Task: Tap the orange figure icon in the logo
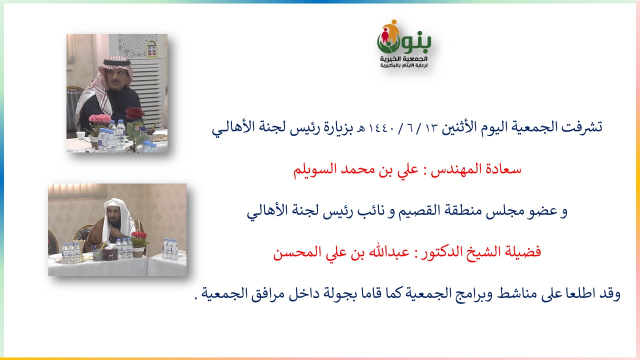point(393,29)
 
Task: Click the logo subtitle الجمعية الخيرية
point(403,59)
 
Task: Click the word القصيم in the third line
point(415,211)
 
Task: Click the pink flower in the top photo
point(99,119)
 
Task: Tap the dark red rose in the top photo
point(134,113)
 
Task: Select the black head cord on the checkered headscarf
point(116,61)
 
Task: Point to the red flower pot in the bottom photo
point(139,235)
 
